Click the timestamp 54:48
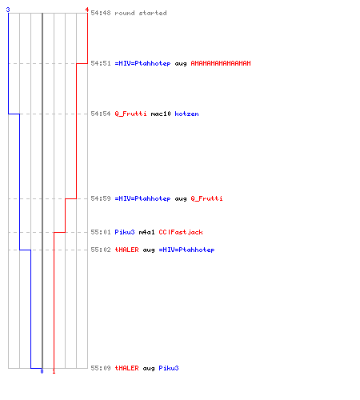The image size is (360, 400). click(x=101, y=13)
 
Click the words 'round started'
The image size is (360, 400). click(x=141, y=13)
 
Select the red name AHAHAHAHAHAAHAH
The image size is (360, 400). click(x=221, y=63)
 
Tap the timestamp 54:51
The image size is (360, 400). click(x=101, y=63)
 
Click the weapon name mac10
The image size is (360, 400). click(x=161, y=114)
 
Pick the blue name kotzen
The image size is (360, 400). click(x=186, y=114)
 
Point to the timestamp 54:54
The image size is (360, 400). click(x=101, y=114)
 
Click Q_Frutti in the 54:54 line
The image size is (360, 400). click(x=130, y=114)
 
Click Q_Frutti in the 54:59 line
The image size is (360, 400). click(x=206, y=198)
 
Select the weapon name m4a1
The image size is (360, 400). click(x=146, y=232)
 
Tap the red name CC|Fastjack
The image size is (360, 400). click(x=181, y=232)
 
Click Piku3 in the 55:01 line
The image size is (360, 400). click(x=125, y=232)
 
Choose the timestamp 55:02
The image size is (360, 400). click(x=101, y=250)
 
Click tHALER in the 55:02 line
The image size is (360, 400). click(x=126, y=250)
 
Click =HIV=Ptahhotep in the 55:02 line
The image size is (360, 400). click(x=186, y=250)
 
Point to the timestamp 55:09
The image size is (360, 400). click(x=101, y=368)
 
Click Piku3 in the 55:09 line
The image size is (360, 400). click(x=169, y=368)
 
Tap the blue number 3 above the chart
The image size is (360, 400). click(x=8, y=10)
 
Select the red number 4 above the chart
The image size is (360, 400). click(x=87, y=10)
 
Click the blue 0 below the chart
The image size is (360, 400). click(x=42, y=371)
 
